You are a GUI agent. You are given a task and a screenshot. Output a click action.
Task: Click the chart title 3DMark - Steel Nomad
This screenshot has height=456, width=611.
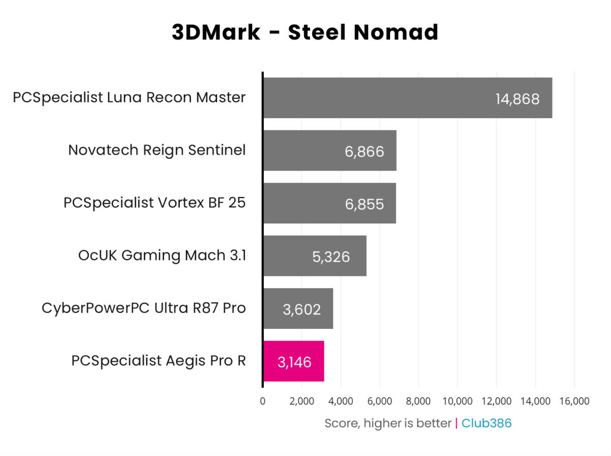point(305,33)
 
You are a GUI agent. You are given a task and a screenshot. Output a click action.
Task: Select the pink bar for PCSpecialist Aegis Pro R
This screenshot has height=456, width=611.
point(293,361)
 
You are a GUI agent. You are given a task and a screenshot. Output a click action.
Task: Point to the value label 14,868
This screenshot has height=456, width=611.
point(517,99)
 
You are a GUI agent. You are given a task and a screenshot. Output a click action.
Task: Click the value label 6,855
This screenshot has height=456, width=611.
point(364,204)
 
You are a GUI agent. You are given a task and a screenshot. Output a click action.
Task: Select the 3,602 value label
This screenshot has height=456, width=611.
point(301,309)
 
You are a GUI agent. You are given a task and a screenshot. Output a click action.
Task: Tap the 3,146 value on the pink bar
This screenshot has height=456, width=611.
point(294,362)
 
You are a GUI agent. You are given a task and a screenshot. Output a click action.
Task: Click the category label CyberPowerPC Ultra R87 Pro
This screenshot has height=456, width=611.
point(144,308)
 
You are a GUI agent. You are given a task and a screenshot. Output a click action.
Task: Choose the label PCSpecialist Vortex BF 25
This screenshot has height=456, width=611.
point(155,203)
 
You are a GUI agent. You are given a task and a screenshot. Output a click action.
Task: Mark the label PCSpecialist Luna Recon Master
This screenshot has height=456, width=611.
point(129,97)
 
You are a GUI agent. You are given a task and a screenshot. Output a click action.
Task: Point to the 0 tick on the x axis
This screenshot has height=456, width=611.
point(263,401)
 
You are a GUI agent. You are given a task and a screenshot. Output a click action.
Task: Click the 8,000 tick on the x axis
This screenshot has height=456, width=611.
point(419,401)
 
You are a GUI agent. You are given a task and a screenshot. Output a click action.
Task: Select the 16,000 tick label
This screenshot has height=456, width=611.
point(574,401)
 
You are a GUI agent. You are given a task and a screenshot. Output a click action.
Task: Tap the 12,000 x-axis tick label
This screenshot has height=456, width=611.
point(496,401)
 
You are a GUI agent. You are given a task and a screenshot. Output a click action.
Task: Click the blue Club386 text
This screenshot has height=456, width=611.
point(486,423)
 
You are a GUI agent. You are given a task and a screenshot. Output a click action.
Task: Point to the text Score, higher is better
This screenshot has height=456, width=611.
point(388,423)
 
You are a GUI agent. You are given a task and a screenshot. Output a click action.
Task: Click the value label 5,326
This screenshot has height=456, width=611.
point(331,256)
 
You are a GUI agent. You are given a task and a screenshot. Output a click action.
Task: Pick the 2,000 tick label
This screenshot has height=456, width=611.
point(302,401)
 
